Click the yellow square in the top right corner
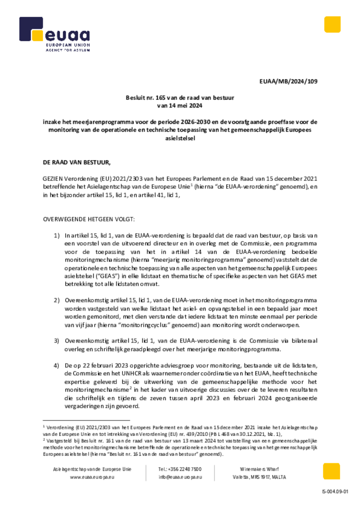pyautogui.click(x=332, y=24)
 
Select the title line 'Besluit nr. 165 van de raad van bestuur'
pyautogui.click(x=180, y=98)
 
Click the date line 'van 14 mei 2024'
pyautogui.click(x=180, y=105)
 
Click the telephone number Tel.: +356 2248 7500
pyautogui.click(x=180, y=469)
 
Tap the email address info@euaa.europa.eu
pyautogui.click(x=180, y=477)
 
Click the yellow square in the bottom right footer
pyautogui.click(x=331, y=471)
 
